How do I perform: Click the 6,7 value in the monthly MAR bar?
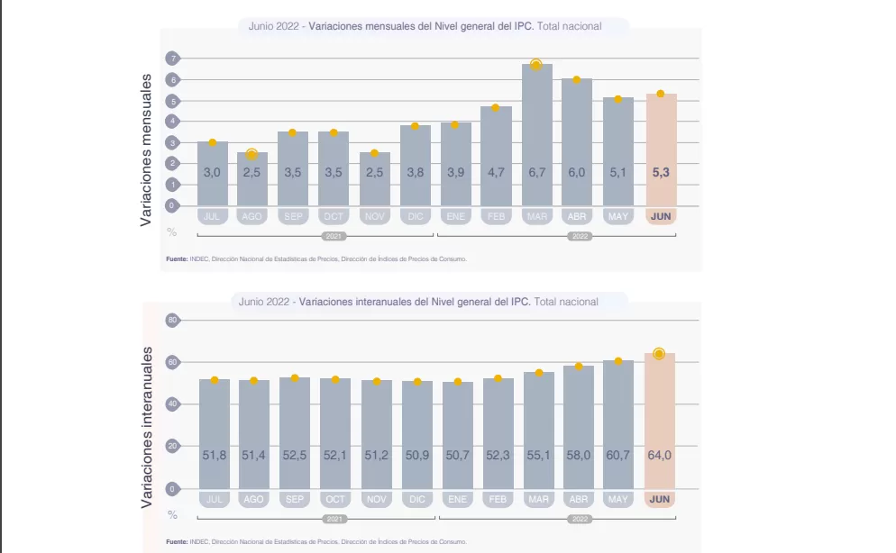coord(537,172)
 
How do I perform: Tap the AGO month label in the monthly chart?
coord(251,217)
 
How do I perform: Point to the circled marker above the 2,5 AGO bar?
coord(252,155)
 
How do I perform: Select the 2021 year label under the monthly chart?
coord(334,236)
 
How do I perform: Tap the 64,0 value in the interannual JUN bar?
coord(660,456)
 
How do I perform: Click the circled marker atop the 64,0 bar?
coord(659,354)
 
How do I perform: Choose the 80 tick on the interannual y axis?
coord(172,320)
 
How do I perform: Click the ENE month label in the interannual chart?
coord(457,499)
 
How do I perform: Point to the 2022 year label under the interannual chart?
coord(579,520)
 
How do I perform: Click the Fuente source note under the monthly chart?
coord(316,259)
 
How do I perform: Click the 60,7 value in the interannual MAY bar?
coord(618,456)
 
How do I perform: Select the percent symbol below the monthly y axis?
coord(172,231)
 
